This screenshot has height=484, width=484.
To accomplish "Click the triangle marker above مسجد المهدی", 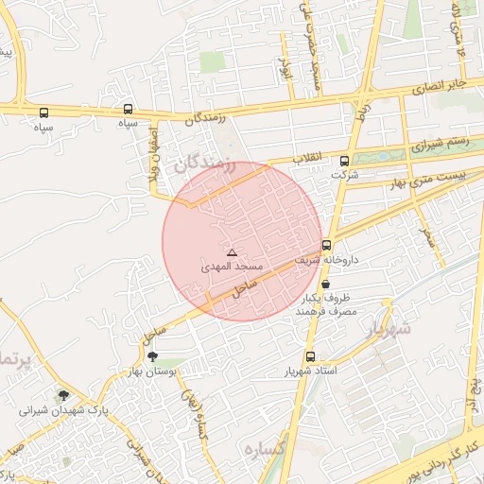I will point(232,252).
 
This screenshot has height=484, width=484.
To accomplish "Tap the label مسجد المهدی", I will point(229,268).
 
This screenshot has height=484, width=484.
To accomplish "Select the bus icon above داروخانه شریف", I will point(327,244).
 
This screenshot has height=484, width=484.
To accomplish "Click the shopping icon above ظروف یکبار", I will point(326,284).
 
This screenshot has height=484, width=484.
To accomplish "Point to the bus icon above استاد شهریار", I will point(311,356).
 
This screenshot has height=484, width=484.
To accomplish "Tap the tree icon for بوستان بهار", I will point(153,356).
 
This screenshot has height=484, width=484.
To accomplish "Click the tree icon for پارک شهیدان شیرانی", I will point(63,396).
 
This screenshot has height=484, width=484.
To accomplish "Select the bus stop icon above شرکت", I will point(344,161).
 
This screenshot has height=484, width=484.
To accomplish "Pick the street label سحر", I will point(431,235).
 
